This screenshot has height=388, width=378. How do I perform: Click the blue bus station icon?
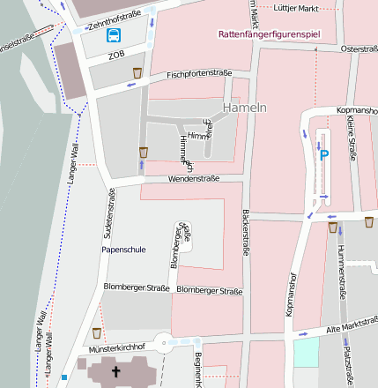(x=115, y=35)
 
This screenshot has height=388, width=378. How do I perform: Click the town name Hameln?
(x=245, y=107)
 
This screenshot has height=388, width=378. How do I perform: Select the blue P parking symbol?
(x=323, y=155)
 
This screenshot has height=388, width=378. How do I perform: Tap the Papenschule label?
(x=123, y=250)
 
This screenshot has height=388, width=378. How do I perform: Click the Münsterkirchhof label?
(x=116, y=347)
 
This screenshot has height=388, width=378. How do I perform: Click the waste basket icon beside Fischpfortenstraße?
(x=137, y=72)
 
